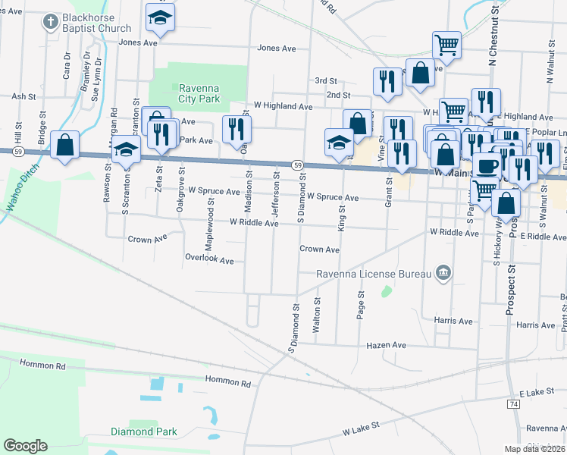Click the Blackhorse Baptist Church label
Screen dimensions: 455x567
97,23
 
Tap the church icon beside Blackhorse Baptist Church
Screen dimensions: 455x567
50,22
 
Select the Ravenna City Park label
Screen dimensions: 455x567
199,93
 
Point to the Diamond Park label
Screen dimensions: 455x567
143,431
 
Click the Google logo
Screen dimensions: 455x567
26,446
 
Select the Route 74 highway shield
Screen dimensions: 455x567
514,405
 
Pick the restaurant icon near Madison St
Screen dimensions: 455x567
235,130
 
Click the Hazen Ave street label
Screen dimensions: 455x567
387,345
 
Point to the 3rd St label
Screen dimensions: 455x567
326,80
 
